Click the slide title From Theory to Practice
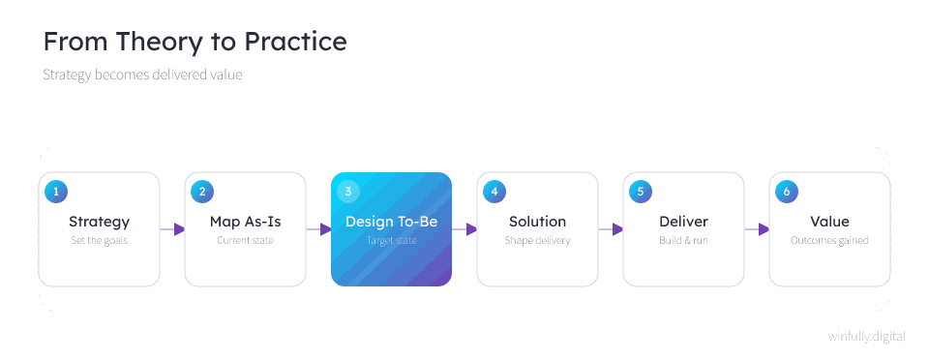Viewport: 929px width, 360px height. pyautogui.click(x=195, y=42)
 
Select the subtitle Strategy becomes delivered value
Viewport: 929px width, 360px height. pyautogui.click(x=142, y=75)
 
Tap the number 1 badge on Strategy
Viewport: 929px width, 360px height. pyautogui.click(x=56, y=192)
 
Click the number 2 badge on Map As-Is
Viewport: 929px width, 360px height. pyautogui.click(x=202, y=192)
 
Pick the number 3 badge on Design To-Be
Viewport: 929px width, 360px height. pyautogui.click(x=348, y=192)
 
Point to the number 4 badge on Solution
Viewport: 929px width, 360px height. pyautogui.click(x=494, y=192)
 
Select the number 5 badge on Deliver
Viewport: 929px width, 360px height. pyautogui.click(x=641, y=192)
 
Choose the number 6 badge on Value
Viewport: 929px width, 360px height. pyautogui.click(x=787, y=192)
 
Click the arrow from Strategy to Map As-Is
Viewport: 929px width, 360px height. pyautogui.click(x=172, y=229)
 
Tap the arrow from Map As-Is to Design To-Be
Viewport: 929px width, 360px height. pyautogui.click(x=318, y=229)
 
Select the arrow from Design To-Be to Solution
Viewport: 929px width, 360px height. pyautogui.click(x=464, y=229)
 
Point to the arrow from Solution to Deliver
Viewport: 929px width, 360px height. pyautogui.click(x=611, y=229)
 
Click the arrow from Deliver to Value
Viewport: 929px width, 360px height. pyautogui.click(x=757, y=229)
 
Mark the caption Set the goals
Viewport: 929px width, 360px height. pyautogui.click(x=99, y=241)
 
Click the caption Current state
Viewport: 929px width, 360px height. pyautogui.click(x=245, y=241)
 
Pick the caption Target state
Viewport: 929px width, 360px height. pyautogui.click(x=392, y=241)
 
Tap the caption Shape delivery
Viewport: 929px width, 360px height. pyautogui.click(x=537, y=241)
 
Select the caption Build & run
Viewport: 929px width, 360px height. pyautogui.click(x=684, y=241)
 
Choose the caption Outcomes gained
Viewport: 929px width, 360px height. pyautogui.click(x=829, y=241)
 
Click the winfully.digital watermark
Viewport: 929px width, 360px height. pyautogui.click(x=867, y=337)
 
